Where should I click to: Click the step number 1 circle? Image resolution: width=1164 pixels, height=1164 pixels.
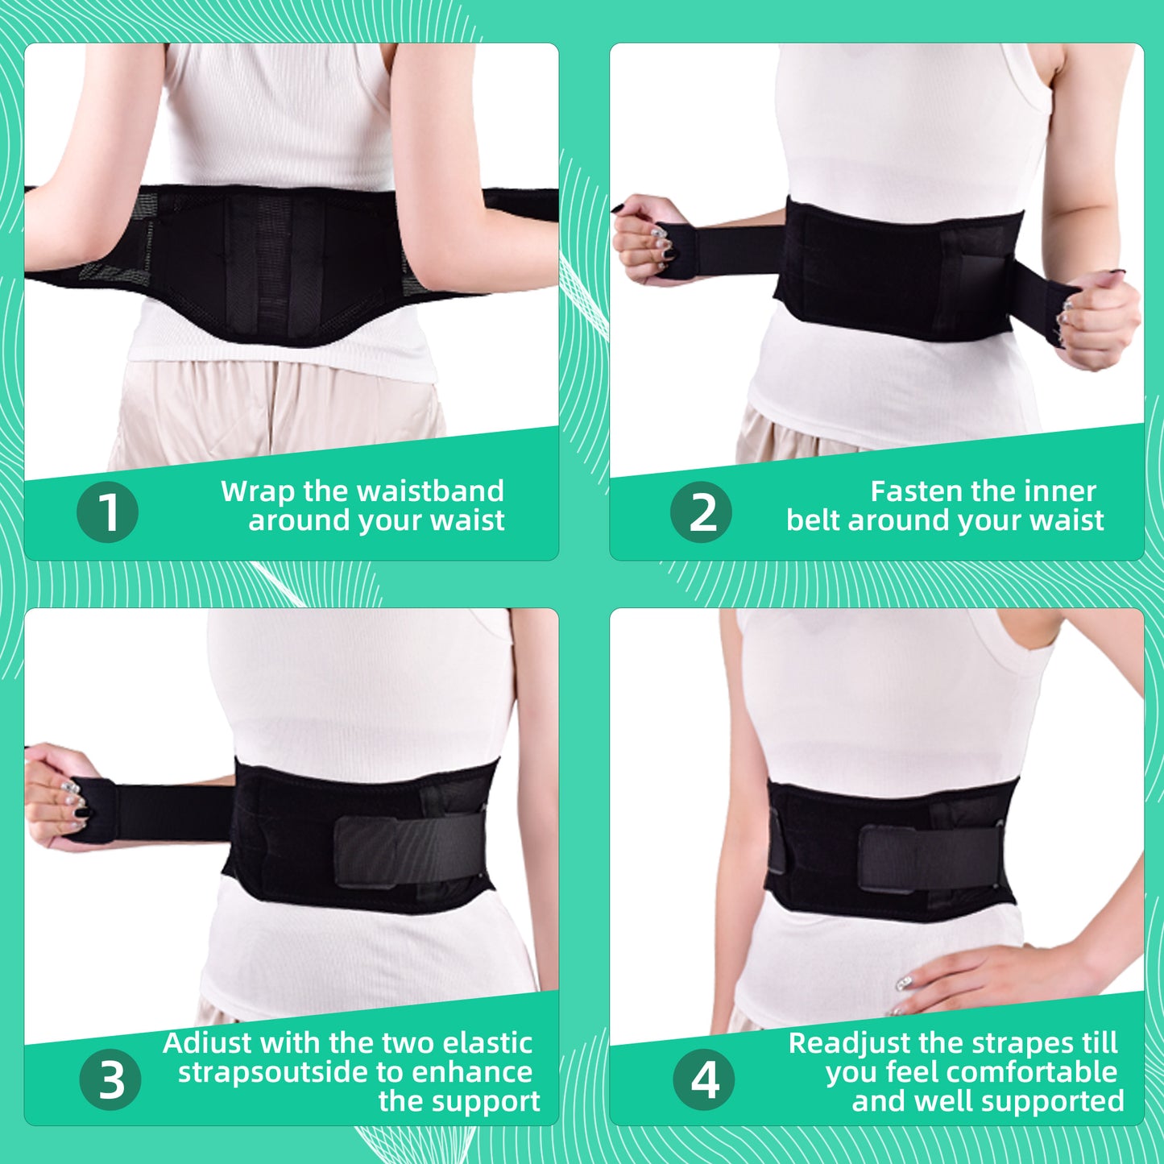pos(107,512)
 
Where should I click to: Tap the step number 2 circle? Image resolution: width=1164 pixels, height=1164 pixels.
pos(701,512)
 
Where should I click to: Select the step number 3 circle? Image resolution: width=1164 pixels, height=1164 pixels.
pos(110,1079)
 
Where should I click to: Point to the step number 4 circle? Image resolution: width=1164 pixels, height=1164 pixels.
pos(704,1079)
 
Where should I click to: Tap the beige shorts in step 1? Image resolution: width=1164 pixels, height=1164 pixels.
pos(274,411)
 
